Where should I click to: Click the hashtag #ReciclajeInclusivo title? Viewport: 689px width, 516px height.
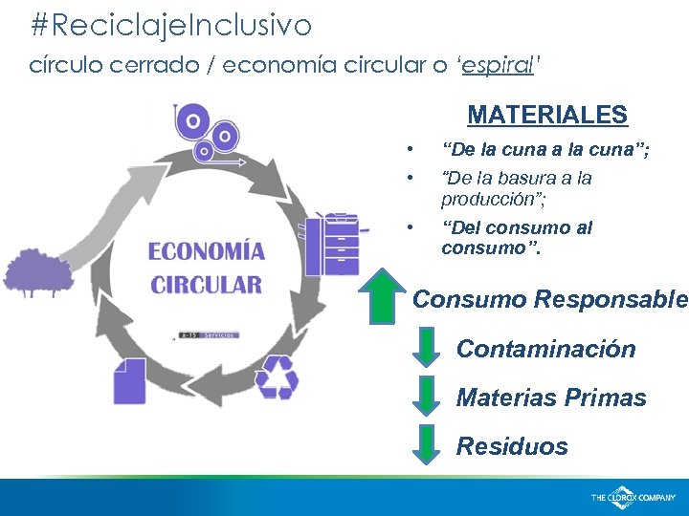click(170, 26)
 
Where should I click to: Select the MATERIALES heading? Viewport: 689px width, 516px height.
click(547, 116)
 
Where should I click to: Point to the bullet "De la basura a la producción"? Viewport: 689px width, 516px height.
click(517, 188)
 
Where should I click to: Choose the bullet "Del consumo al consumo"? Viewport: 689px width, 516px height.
click(517, 238)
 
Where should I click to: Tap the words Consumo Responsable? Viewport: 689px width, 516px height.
click(549, 299)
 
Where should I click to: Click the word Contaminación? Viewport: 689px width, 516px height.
click(545, 349)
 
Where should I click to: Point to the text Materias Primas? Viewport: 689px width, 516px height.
click(551, 398)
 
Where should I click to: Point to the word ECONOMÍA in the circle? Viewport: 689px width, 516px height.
click(206, 252)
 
